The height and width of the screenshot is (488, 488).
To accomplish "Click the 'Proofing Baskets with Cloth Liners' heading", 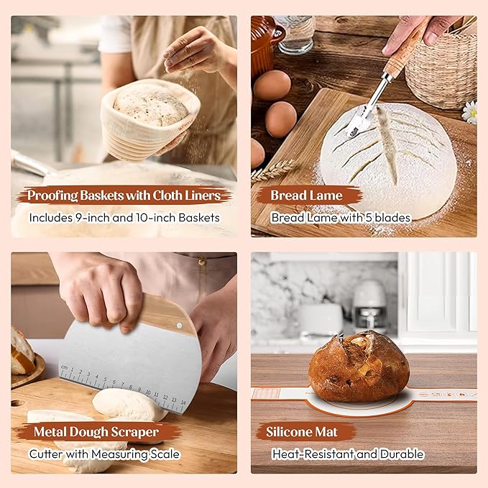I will coord(125,195).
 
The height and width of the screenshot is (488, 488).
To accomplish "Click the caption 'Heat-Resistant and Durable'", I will coord(348,454).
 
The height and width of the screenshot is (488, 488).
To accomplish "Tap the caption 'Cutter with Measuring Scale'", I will coord(104,454).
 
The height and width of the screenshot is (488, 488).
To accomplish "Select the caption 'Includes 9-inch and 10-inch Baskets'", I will coord(124,217).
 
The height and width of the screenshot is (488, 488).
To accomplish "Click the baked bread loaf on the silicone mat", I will coord(359,367).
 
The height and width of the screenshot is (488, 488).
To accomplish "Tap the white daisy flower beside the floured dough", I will coord(469,111).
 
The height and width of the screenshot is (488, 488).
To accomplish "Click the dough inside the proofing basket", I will coord(151,105).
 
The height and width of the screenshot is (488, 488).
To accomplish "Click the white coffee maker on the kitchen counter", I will coord(369,305).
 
